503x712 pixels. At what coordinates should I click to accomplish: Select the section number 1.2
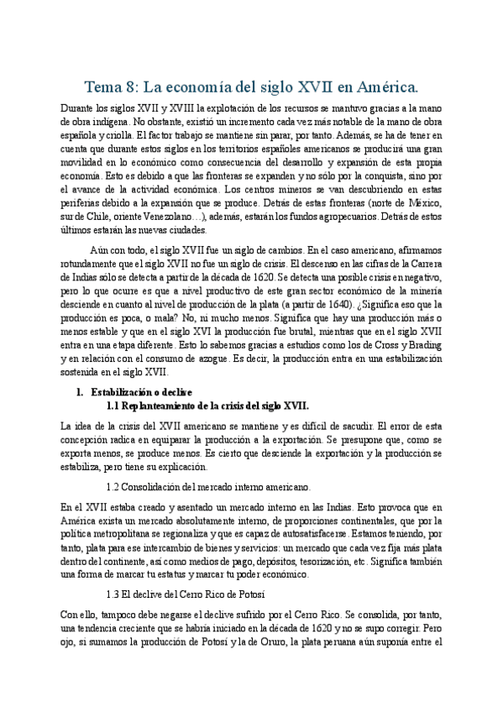click(115, 486)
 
